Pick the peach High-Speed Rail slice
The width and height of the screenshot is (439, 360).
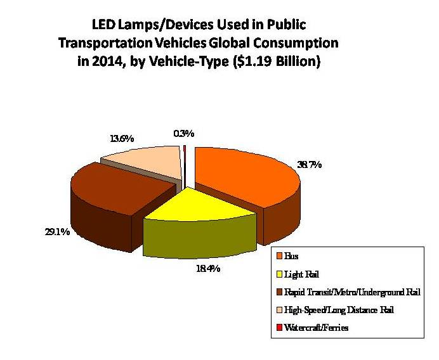[149, 162]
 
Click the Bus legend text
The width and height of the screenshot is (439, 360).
[292, 257]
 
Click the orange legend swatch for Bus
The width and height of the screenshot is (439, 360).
[279, 257]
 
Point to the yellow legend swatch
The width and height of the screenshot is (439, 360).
[279, 274]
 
